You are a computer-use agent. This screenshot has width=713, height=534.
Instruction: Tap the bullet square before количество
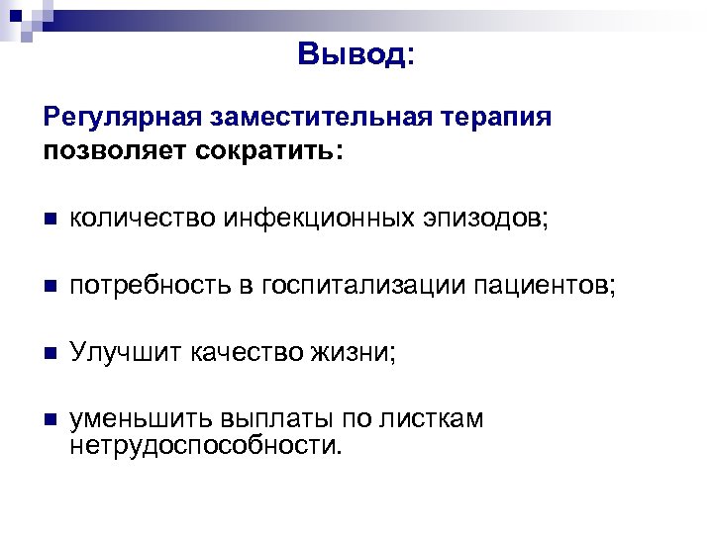pyautogui.click(x=51, y=221)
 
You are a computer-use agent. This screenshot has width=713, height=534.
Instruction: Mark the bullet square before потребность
pyautogui.click(x=51, y=287)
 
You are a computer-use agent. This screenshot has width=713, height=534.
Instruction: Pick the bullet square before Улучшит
pyautogui.click(x=51, y=353)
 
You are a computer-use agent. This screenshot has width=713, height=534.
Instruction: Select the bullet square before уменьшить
pyautogui.click(x=51, y=419)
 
